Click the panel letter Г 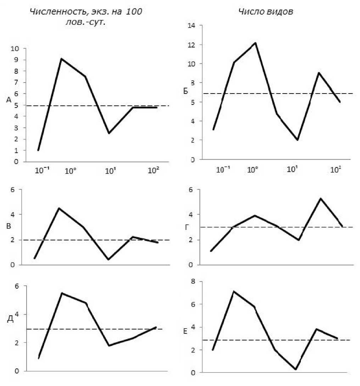(187, 227)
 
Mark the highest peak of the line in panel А (61, 59)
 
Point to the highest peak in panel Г (320, 198)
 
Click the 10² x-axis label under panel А (153, 171)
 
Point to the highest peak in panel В (59, 208)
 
